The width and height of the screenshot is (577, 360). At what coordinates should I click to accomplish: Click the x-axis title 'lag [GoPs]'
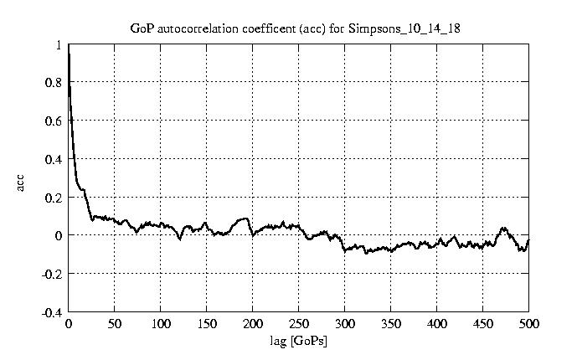(298, 341)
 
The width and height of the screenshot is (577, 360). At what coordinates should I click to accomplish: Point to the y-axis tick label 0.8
(53, 83)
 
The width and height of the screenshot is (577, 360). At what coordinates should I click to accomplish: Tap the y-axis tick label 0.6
(53, 121)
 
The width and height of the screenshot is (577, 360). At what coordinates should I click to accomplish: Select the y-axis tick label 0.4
(53, 159)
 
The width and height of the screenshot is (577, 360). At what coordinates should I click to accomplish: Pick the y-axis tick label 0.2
(53, 198)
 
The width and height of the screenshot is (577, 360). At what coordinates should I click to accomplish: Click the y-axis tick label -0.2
(51, 274)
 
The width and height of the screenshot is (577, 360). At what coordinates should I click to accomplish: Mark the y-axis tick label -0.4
(51, 312)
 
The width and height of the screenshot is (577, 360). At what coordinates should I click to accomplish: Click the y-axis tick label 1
(58, 45)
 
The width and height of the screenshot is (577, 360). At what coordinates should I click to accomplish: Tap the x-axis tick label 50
(115, 324)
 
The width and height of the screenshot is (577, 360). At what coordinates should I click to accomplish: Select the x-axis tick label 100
(161, 324)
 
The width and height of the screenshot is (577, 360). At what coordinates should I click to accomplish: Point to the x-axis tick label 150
(207, 324)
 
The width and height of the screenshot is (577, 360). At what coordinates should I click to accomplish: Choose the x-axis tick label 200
(253, 324)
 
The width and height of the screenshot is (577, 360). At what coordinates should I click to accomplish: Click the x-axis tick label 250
(299, 324)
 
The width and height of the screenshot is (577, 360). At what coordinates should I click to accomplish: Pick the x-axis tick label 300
(345, 324)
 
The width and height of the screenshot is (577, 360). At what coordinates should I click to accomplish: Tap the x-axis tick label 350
(391, 324)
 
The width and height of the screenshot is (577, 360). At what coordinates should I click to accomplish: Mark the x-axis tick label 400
(437, 324)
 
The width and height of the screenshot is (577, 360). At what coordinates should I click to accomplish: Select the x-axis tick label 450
(483, 324)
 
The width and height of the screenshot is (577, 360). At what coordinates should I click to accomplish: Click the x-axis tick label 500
(528, 324)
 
